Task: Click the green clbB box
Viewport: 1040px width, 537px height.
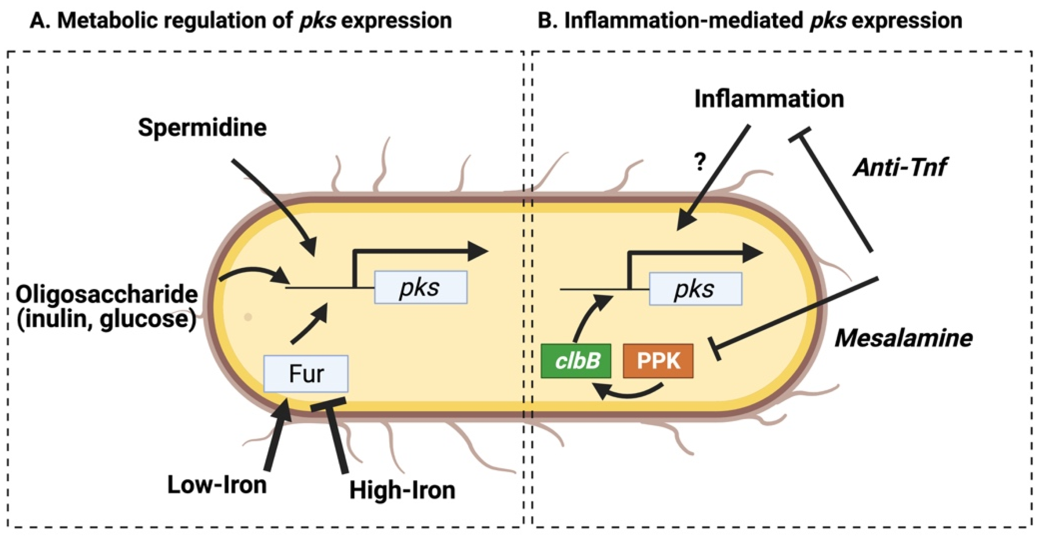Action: pos(576,361)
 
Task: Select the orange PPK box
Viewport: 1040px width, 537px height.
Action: pos(658,361)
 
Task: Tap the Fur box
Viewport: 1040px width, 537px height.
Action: pos(305,374)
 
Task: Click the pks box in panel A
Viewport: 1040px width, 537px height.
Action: pos(421,287)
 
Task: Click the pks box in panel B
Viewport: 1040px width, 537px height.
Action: pos(695,289)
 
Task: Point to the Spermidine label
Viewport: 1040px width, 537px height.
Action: pos(202,128)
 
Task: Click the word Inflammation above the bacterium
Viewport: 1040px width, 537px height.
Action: pos(769,99)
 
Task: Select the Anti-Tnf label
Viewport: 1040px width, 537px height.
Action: pos(900,167)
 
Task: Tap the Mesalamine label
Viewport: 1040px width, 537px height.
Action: pos(904,338)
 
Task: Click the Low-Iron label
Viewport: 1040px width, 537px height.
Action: pos(217,485)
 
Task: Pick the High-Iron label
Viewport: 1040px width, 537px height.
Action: pos(402,490)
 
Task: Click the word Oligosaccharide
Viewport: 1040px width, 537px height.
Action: pos(107,295)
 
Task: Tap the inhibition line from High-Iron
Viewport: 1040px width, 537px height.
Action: pos(336,436)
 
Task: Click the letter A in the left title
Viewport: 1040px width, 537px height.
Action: pos(37,21)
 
